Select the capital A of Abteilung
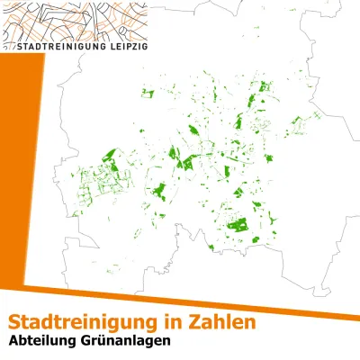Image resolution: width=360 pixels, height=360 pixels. coord(13,342)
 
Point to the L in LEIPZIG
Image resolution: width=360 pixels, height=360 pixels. coord(103,44)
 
